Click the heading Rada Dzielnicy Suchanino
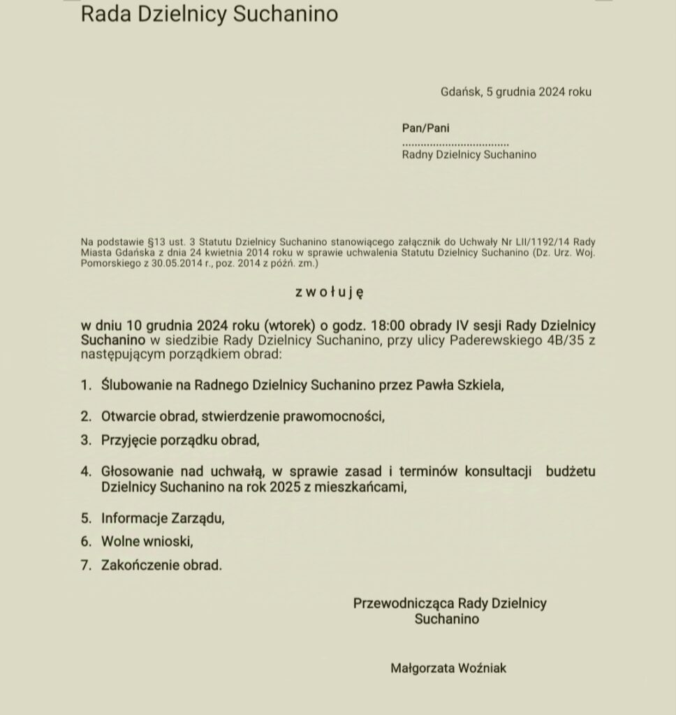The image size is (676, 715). click(209, 14)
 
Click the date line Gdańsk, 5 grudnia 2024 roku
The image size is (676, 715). click(516, 91)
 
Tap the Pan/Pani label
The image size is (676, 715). click(426, 128)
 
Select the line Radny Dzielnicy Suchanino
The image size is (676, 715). click(469, 154)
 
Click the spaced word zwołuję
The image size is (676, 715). click(329, 293)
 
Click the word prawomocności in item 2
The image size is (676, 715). click(334, 417)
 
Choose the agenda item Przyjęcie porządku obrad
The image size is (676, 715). click(180, 441)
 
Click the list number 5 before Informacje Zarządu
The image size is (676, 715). click(86, 518)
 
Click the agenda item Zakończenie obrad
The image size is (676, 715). click(161, 565)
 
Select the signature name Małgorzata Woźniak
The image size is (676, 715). click(448, 668)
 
